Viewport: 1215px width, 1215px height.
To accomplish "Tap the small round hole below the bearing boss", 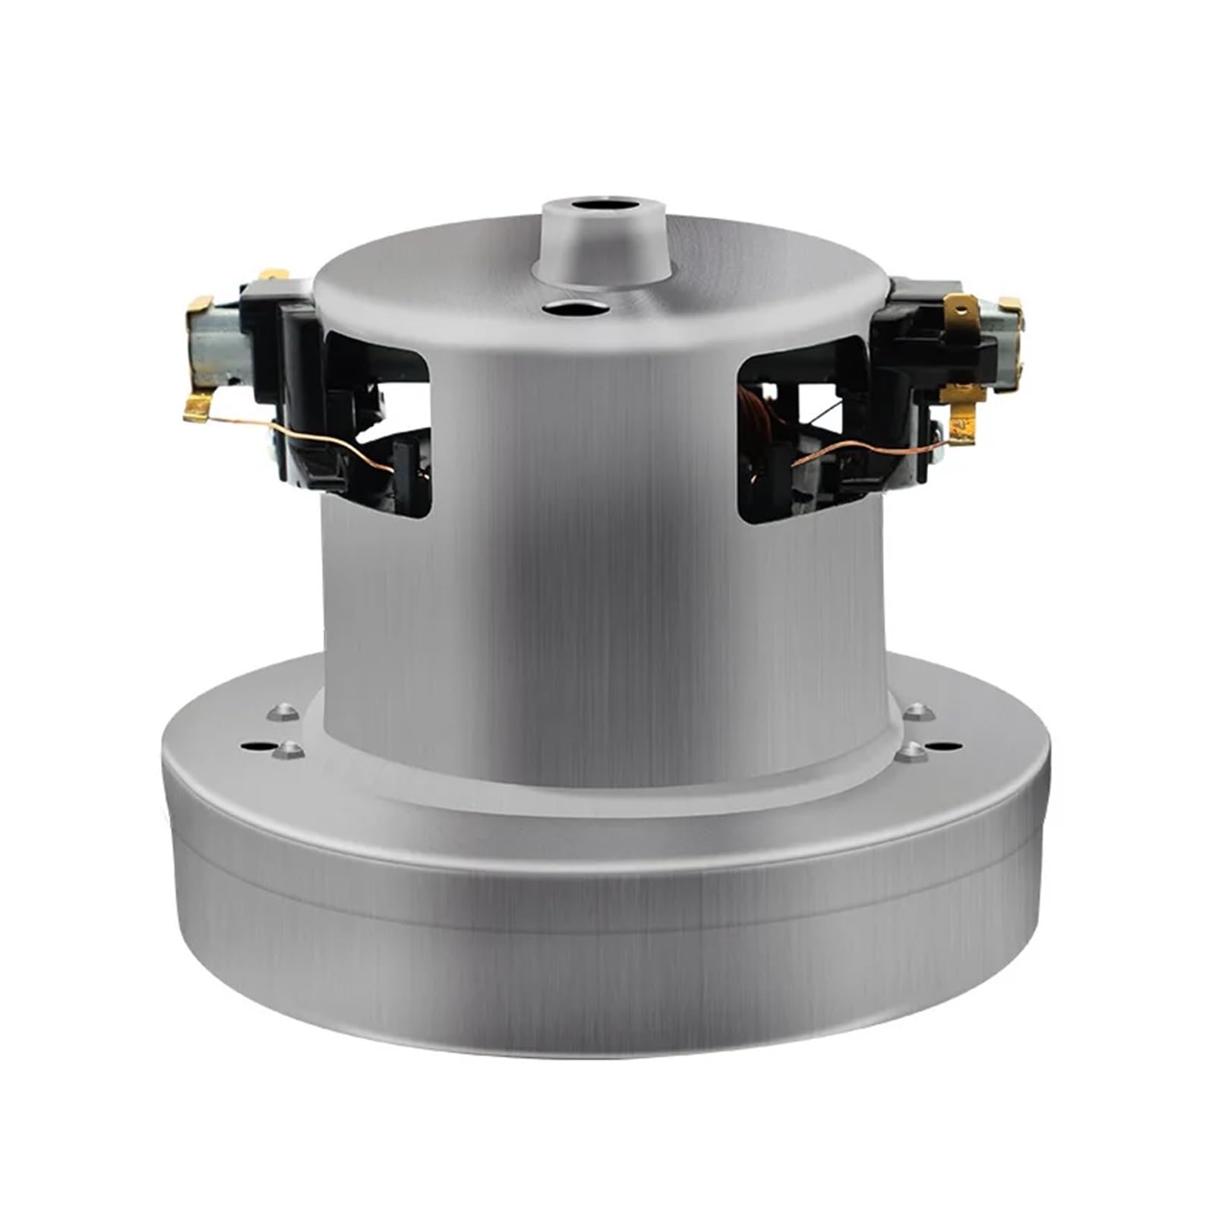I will pyautogui.click(x=575, y=308).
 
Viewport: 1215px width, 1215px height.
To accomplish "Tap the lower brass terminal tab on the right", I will pyautogui.click(x=963, y=425).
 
